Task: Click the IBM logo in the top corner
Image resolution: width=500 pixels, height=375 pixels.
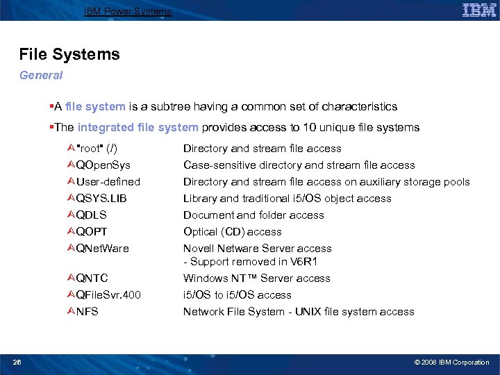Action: coord(478,10)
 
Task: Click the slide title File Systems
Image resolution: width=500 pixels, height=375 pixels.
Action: coord(69,54)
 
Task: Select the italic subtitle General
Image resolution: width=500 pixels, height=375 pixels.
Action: coord(41,75)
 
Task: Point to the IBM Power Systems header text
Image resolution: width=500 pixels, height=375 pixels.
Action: coord(127,11)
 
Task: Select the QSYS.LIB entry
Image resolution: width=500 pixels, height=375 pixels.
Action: coord(101,199)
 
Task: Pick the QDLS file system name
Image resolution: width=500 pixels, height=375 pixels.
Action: coord(92,215)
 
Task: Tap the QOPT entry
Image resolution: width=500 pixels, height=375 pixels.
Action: coord(92,232)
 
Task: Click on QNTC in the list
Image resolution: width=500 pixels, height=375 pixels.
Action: coord(92,278)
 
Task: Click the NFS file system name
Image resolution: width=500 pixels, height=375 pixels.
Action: coord(87,312)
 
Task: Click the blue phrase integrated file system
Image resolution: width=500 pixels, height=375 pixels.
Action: coord(138,128)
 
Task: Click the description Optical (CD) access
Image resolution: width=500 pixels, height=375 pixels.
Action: coord(233,232)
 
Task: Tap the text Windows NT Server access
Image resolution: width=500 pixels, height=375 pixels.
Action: coord(256,278)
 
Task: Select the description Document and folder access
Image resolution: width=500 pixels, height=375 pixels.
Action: coord(253,215)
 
